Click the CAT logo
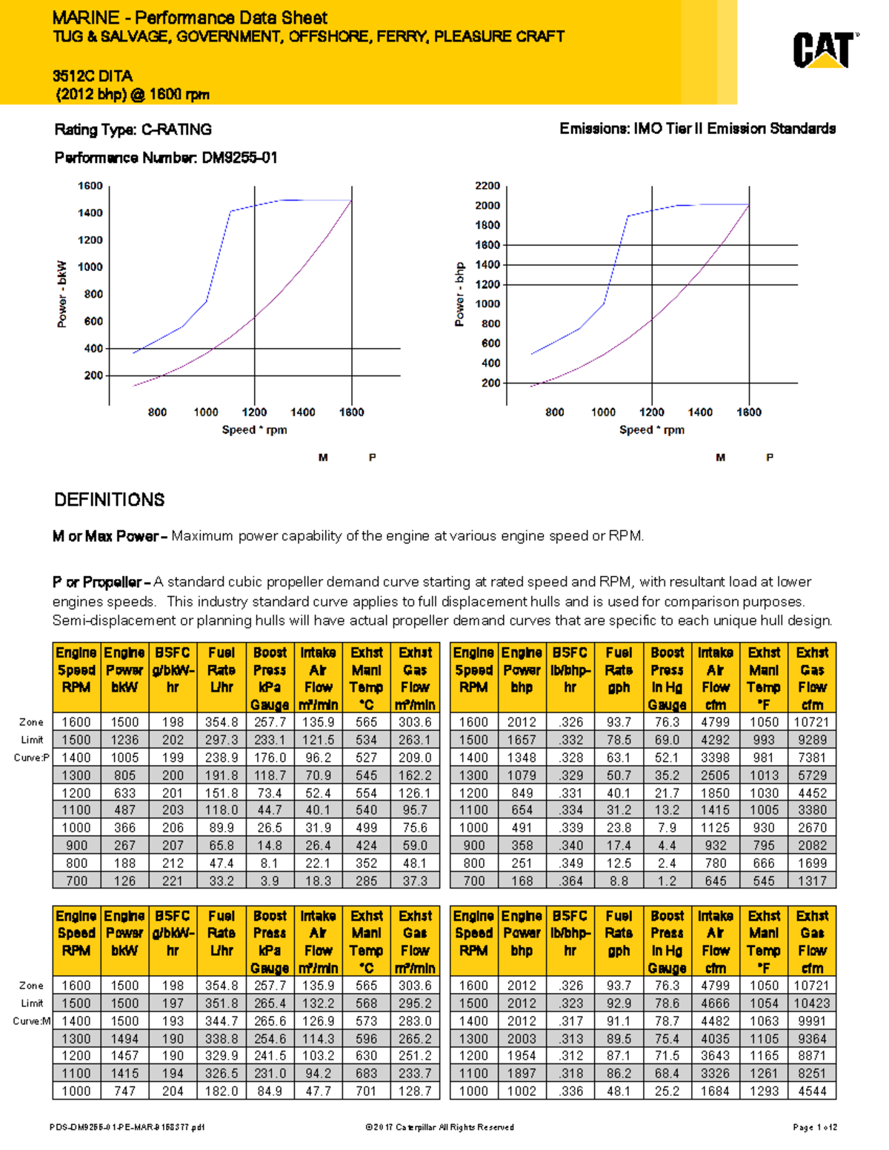click(825, 50)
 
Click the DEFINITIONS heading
click(110, 500)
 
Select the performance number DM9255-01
click(239, 158)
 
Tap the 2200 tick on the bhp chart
click(487, 186)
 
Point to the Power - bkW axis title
click(62, 294)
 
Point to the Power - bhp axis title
click(459, 294)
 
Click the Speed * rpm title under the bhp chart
click(652, 429)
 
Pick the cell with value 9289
click(812, 740)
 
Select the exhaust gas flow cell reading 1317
click(812, 880)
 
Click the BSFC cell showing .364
click(570, 880)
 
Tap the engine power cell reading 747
click(124, 1091)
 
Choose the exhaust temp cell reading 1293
click(764, 1091)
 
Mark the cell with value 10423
click(812, 1003)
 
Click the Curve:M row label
click(32, 1021)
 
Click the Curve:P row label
click(32, 758)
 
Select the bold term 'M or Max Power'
click(105, 536)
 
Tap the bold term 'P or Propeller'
click(101, 582)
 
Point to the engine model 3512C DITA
click(93, 76)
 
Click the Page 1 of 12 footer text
click(815, 1127)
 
